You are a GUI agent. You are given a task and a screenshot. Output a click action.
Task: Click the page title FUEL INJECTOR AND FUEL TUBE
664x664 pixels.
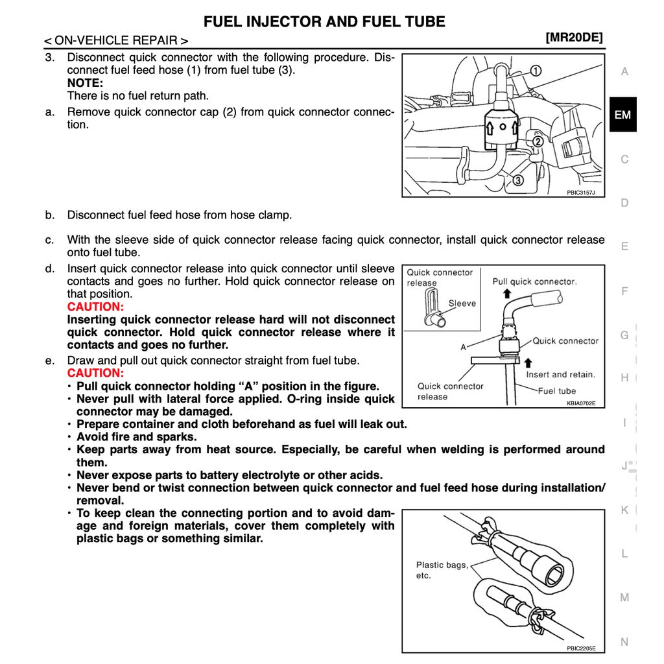click(324, 21)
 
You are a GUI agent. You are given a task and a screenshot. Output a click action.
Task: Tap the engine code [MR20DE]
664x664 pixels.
click(575, 38)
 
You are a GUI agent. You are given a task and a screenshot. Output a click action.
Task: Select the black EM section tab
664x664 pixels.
click(622, 115)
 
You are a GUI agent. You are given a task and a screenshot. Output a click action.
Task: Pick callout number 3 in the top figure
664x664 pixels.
click(518, 180)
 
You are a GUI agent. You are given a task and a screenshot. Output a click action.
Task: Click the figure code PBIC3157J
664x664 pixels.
click(580, 193)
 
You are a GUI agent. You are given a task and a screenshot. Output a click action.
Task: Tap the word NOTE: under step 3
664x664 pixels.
click(85, 83)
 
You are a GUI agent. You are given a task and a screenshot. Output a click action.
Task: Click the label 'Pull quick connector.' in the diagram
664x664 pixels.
click(534, 281)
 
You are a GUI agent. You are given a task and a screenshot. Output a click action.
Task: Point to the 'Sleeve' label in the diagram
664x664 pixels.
click(462, 303)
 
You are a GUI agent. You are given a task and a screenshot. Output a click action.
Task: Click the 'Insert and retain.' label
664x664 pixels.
click(560, 374)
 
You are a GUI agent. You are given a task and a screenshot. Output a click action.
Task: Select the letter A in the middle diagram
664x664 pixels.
click(463, 348)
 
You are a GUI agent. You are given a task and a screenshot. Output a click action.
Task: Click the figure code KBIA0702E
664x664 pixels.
click(580, 403)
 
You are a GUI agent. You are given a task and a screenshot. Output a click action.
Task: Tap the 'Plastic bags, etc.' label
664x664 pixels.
click(441, 570)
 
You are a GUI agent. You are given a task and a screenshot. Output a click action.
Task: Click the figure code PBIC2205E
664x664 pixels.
click(580, 648)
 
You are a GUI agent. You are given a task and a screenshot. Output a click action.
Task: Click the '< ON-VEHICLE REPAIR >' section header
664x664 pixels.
click(116, 40)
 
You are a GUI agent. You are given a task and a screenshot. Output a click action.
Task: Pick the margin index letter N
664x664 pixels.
click(624, 642)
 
